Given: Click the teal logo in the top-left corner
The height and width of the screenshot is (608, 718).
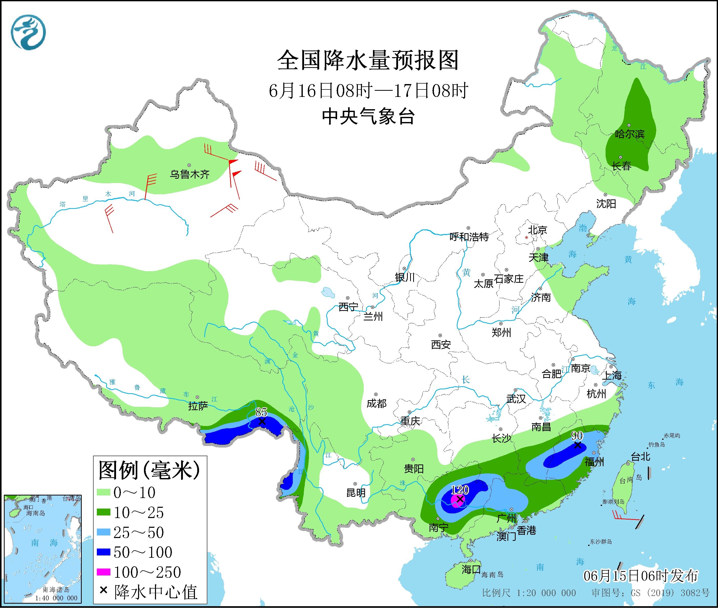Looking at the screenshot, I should (x=28, y=32).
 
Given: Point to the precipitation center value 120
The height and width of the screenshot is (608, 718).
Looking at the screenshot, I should (x=460, y=490).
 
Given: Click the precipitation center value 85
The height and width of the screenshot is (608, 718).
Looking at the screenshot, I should (x=261, y=412).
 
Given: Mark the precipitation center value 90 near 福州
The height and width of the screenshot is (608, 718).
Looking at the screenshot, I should (x=577, y=436).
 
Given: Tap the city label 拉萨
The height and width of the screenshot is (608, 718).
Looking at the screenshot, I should (x=198, y=406).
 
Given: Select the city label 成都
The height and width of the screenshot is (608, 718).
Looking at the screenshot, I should (x=376, y=403).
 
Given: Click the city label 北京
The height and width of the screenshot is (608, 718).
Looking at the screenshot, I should (x=538, y=230).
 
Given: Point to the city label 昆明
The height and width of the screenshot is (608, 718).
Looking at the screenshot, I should (x=356, y=493).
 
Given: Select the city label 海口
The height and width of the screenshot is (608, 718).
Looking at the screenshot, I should (x=471, y=569).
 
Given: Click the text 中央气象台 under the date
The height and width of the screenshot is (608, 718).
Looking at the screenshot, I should (x=368, y=116).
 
